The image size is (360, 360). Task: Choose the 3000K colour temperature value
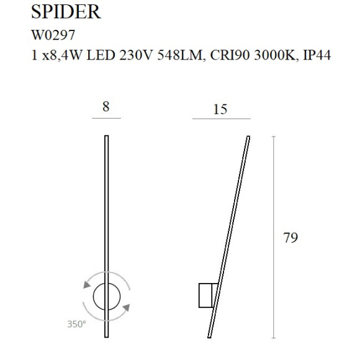tap(268, 56)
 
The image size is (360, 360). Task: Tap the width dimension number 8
tap(106, 106)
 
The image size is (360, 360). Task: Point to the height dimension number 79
tap(290, 238)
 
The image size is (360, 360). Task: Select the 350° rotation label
tap(76, 324)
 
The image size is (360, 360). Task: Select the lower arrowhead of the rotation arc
tap(126, 307)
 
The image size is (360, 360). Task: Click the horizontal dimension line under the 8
tap(106, 118)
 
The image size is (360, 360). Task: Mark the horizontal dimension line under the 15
tap(221, 118)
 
